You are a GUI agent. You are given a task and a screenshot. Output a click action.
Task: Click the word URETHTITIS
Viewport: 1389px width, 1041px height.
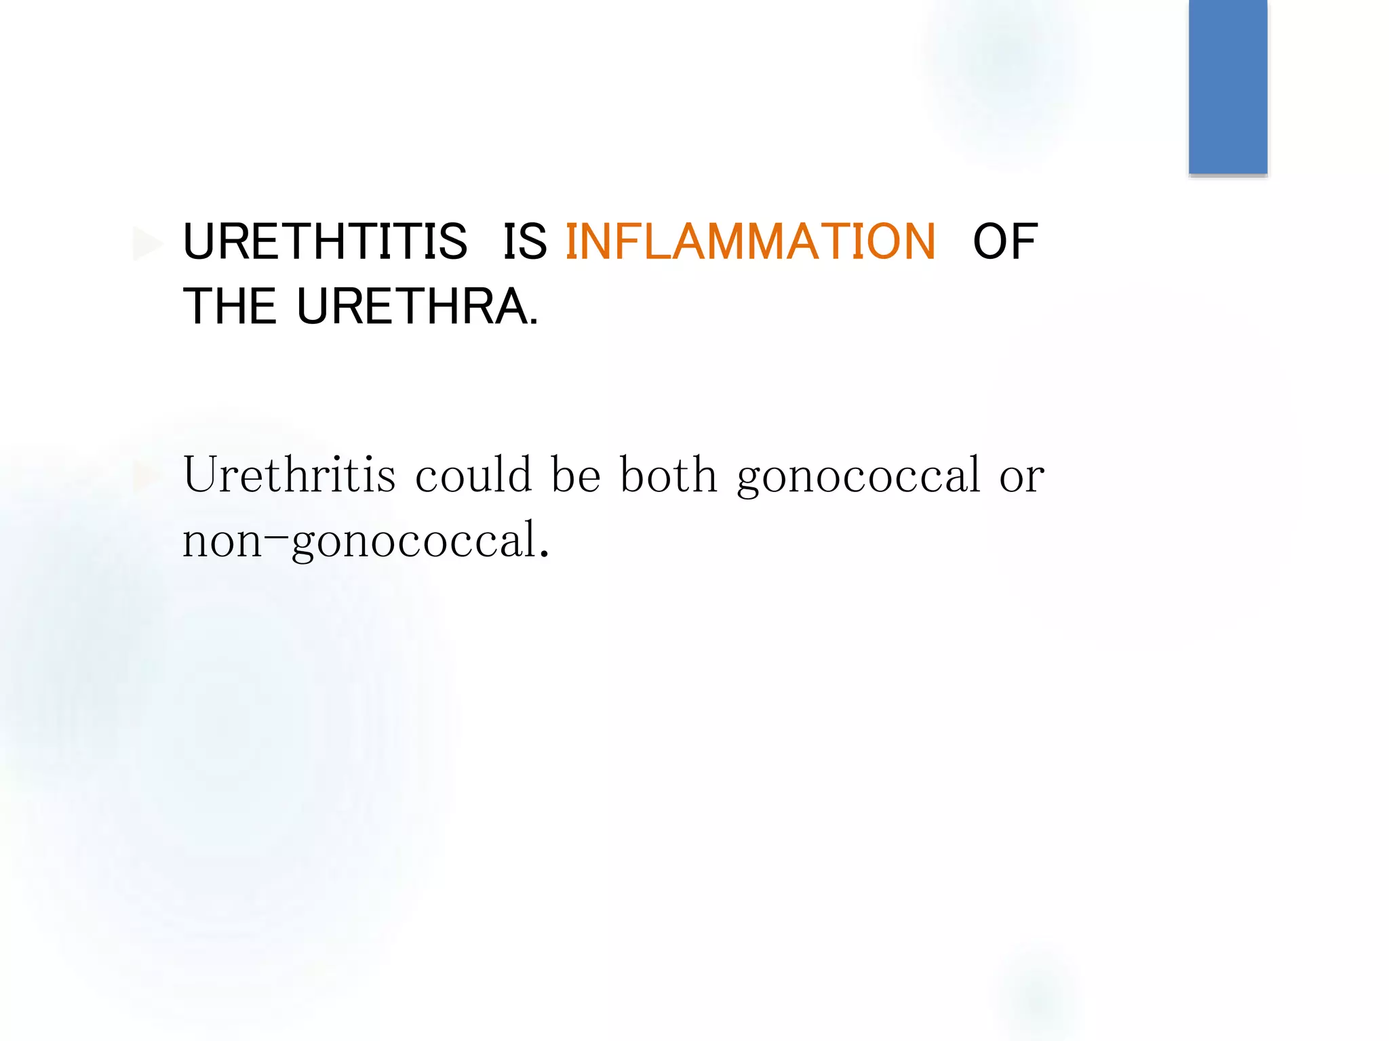click(x=325, y=242)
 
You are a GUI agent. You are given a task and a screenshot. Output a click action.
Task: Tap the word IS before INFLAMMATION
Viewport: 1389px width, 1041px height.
click(x=524, y=242)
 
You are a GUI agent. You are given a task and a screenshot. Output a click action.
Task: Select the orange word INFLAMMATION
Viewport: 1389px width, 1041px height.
click(x=750, y=242)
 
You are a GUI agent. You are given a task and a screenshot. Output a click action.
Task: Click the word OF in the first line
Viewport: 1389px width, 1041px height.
click(x=1004, y=242)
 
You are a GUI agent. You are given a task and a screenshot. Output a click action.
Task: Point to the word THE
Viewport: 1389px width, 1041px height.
click(x=229, y=307)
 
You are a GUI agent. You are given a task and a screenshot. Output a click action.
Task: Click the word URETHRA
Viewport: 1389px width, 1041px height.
click(x=412, y=307)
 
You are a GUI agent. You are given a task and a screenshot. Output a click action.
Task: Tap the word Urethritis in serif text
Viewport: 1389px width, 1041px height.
click(x=289, y=474)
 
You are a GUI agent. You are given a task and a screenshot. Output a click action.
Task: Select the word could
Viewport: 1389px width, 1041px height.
click(x=473, y=474)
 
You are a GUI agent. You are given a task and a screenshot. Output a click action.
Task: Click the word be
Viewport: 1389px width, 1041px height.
click(x=576, y=474)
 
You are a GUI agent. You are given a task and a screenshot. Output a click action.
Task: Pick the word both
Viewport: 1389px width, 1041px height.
click(x=669, y=474)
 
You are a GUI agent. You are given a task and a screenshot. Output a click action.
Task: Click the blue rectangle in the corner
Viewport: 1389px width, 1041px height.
click(x=1228, y=87)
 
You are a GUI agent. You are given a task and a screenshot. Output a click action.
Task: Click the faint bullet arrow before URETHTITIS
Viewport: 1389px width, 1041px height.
click(x=147, y=244)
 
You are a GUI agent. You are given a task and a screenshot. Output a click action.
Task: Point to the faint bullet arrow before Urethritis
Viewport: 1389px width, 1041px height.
click(x=145, y=476)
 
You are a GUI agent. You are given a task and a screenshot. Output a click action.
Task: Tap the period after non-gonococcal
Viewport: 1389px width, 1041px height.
click(x=543, y=556)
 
